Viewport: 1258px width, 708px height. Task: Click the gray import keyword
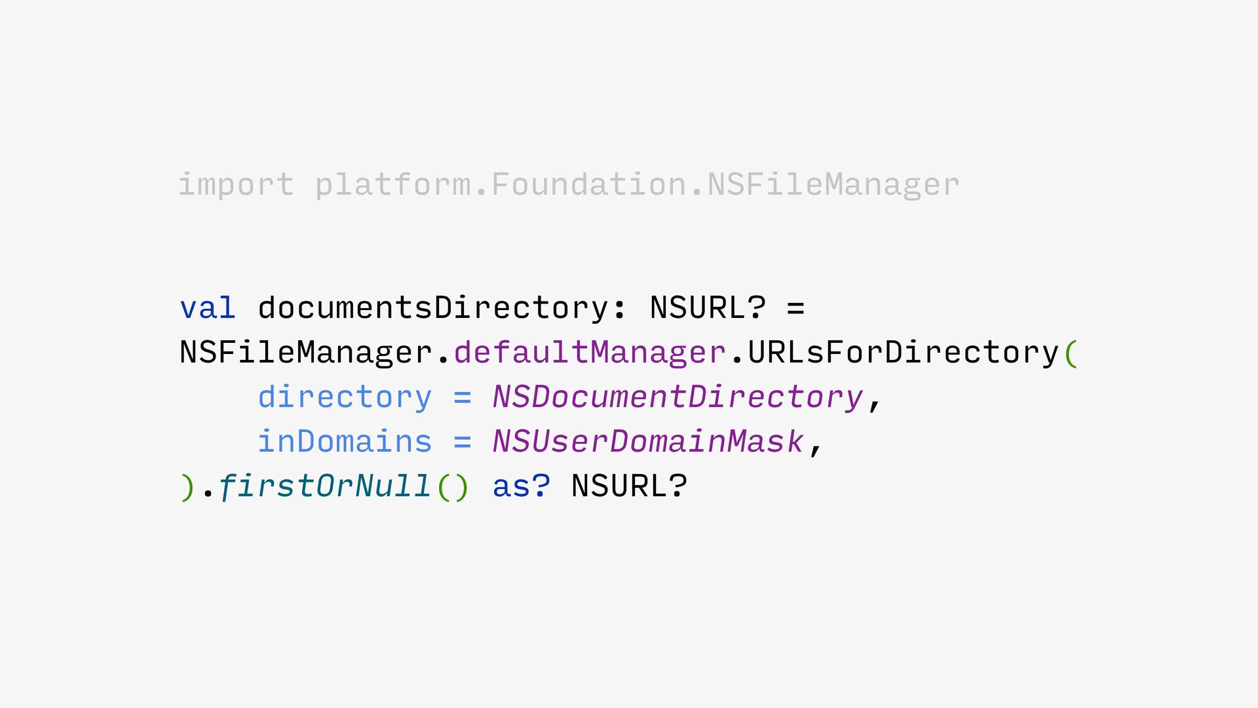[236, 184]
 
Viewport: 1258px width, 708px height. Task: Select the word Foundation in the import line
[589, 184]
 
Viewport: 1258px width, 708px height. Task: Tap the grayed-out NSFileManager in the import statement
[833, 184]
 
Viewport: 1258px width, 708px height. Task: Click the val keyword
[208, 308]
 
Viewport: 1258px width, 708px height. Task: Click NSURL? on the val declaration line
[708, 308]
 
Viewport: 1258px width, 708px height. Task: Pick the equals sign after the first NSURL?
[795, 308]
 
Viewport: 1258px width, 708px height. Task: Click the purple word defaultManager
[590, 353]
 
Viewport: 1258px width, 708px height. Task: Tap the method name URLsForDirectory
[904, 353]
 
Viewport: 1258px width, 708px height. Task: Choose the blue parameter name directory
[345, 397]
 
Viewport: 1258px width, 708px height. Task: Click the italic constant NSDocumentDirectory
[677, 397]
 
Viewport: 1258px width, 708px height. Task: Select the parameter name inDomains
[345, 442]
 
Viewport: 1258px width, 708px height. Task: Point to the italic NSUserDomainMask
[648, 442]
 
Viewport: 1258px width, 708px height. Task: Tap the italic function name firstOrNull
[324, 486]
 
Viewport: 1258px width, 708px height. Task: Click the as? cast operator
[522, 486]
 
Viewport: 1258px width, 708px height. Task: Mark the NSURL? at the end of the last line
[629, 486]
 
